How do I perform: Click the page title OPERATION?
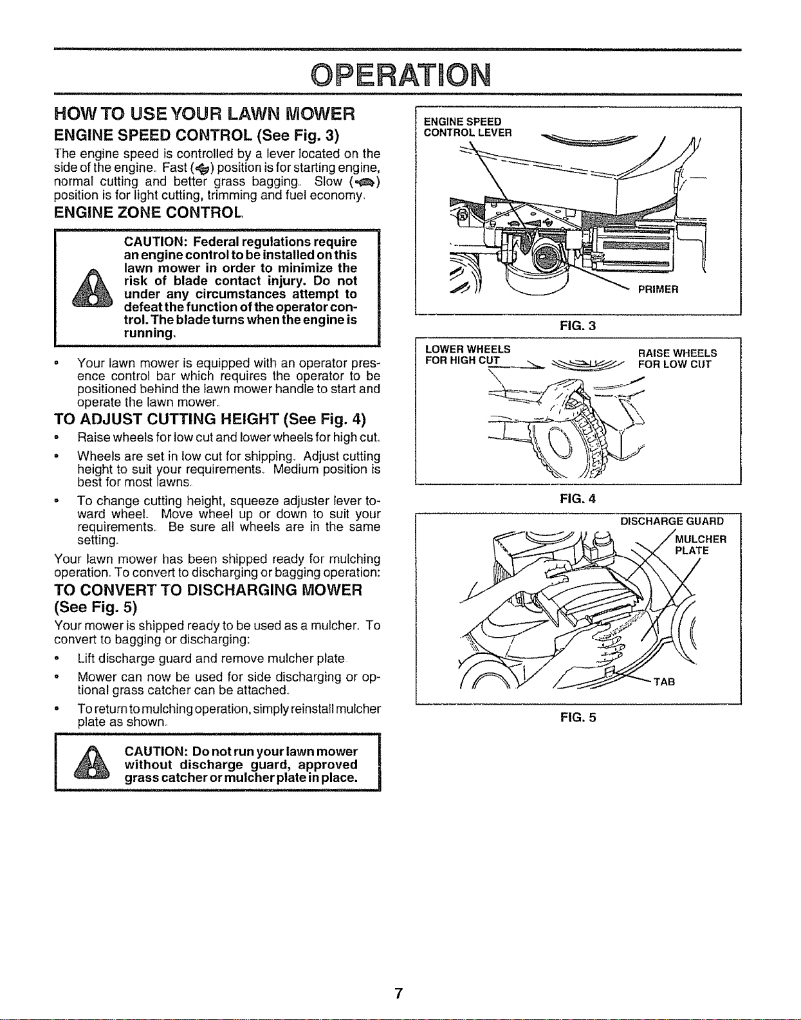click(x=400, y=75)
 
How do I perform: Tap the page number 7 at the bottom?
click(x=398, y=994)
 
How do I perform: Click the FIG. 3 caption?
click(x=578, y=326)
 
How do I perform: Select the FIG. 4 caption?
click(x=578, y=499)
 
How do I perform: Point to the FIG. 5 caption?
click(x=578, y=718)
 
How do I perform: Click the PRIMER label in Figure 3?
click(x=658, y=289)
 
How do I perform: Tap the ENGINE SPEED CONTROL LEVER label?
click(x=467, y=127)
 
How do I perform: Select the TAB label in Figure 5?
click(x=665, y=682)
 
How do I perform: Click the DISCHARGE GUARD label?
click(x=672, y=521)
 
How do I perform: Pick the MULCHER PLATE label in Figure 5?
click(x=701, y=545)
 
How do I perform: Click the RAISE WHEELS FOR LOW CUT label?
click(x=677, y=358)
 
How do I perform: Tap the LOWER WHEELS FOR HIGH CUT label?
click(x=467, y=355)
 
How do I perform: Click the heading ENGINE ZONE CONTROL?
click(x=149, y=212)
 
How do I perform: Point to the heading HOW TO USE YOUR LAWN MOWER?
click(x=205, y=114)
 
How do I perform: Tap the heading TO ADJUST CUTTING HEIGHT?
click(x=210, y=419)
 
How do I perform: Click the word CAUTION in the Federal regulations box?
click(x=156, y=242)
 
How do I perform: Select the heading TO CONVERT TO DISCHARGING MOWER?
click(x=208, y=598)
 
